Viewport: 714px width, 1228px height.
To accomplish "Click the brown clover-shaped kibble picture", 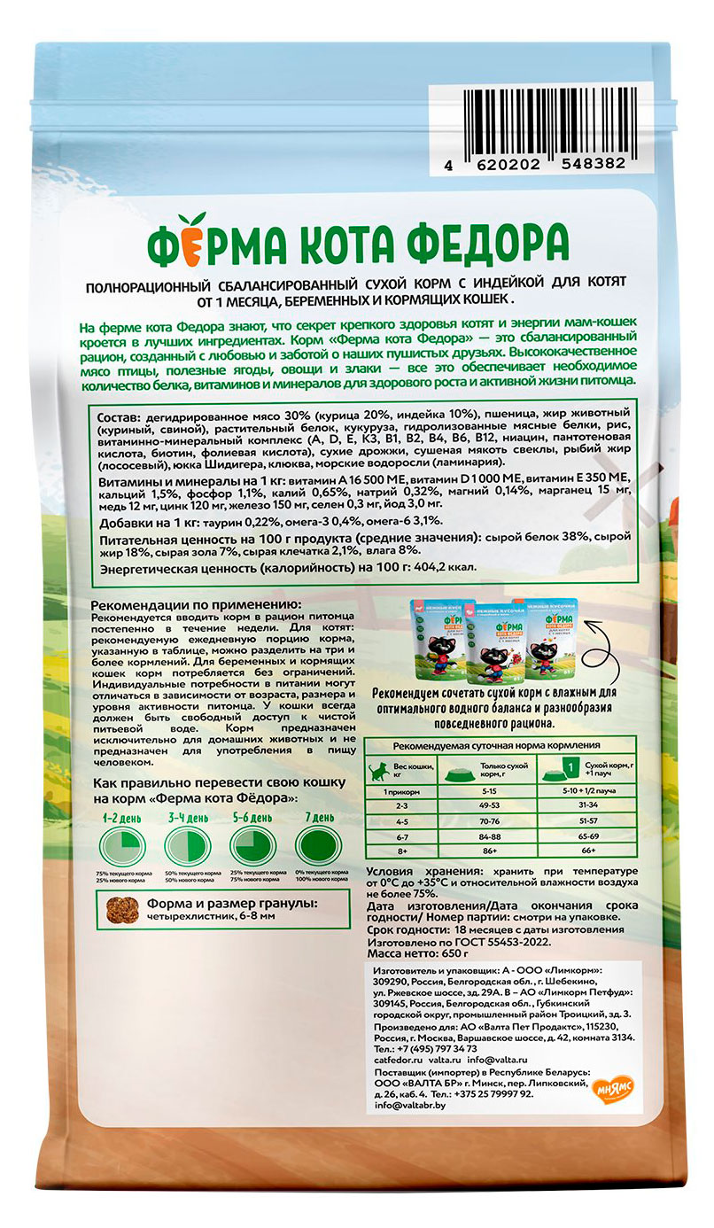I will [x=121, y=909].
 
